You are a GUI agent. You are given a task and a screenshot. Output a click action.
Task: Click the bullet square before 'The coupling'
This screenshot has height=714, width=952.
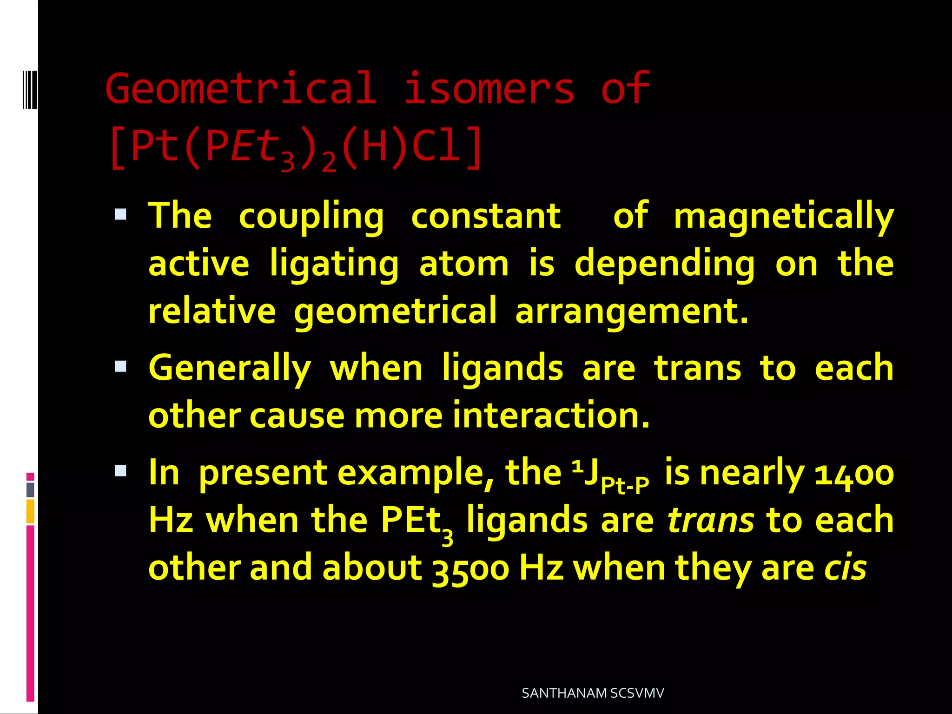pyautogui.click(x=121, y=214)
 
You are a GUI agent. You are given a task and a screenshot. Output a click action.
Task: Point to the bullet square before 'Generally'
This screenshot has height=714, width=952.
pyautogui.click(x=121, y=366)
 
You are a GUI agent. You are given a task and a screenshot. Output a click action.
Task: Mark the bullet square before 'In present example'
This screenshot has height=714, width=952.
pyautogui.click(x=121, y=471)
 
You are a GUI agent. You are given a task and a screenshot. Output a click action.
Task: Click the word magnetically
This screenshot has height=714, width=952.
pyautogui.click(x=784, y=217)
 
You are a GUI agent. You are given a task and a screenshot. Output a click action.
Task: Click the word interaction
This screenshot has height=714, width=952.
pyautogui.click(x=550, y=415)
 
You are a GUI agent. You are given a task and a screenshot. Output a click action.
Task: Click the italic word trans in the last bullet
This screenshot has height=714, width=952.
pyautogui.click(x=710, y=521)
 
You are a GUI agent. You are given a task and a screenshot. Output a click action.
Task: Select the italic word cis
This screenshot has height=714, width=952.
pyautogui.click(x=845, y=568)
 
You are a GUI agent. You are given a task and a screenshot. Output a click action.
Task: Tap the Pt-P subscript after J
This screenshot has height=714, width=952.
pyautogui.click(x=625, y=485)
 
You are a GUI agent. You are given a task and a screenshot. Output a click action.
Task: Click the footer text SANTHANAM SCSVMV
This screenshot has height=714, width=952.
pyautogui.click(x=593, y=693)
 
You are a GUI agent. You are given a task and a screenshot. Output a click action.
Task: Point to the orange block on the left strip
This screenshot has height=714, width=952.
pyautogui.click(x=30, y=511)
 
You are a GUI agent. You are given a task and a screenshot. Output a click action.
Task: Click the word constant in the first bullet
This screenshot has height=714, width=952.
pyautogui.click(x=486, y=217)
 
